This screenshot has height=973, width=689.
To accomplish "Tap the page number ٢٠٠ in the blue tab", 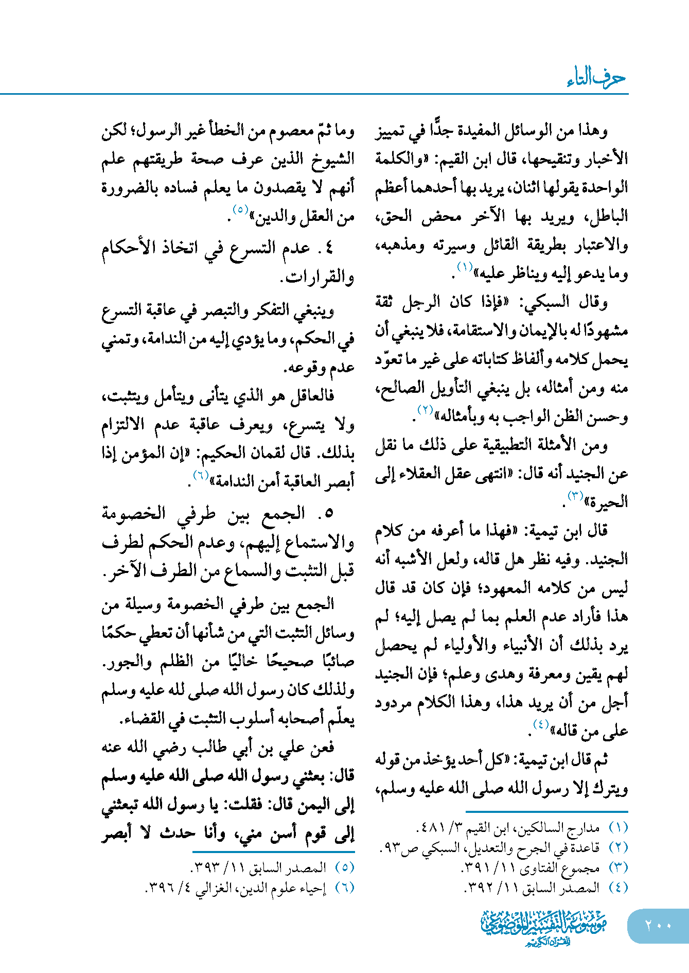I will pyautogui.click(x=658, y=925).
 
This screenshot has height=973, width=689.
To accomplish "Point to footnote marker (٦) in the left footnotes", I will pyautogui.click(x=345, y=888).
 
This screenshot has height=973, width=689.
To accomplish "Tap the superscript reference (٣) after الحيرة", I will pyautogui.click(x=575, y=495).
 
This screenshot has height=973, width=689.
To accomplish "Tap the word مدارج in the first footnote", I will pyautogui.click(x=588, y=828).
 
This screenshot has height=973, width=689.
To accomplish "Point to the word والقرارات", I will pyautogui.click(x=319, y=277).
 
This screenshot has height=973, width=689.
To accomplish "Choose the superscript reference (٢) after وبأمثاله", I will pyautogui.click(x=426, y=410).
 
